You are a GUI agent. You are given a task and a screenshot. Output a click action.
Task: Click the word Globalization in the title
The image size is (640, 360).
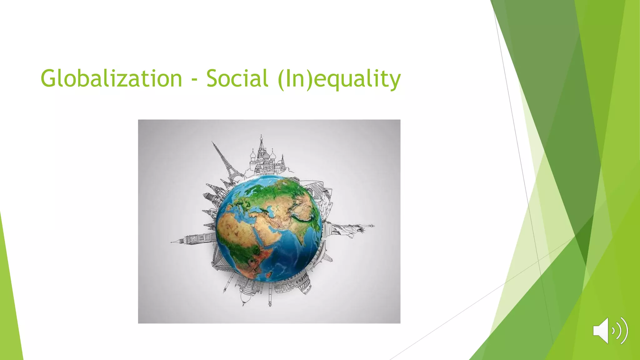111,78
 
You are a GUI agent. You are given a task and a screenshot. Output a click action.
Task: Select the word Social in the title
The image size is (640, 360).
237,78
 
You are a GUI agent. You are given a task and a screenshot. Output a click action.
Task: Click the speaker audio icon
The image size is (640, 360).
610,330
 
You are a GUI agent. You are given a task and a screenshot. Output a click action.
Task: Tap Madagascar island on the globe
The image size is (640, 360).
268,275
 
